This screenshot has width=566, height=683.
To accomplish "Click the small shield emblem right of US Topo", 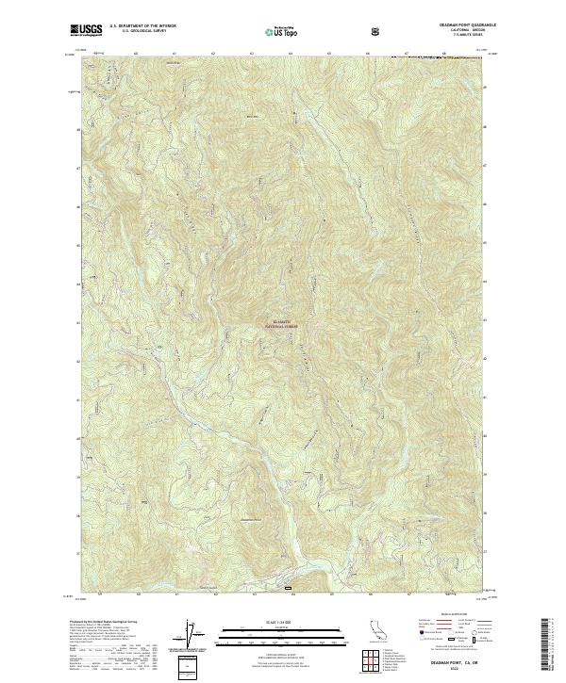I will pyautogui.click(x=376, y=31).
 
